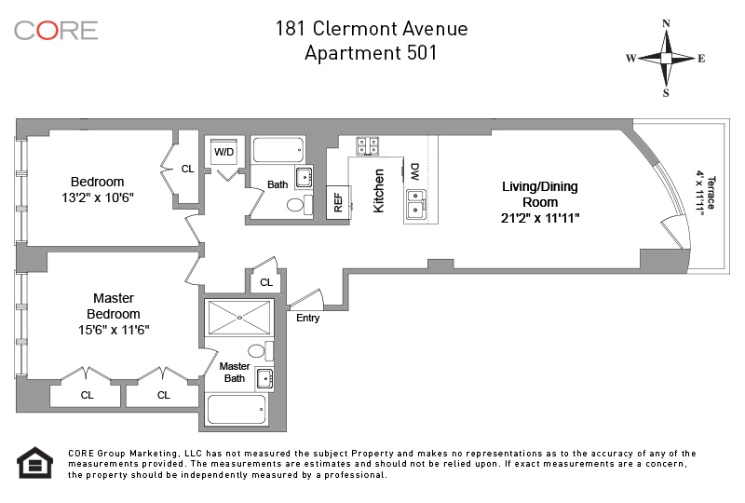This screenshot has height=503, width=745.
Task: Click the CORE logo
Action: coord(56,31)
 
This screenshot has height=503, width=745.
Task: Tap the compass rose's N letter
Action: coord(666,23)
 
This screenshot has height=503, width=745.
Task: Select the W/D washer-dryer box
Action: coord(223,152)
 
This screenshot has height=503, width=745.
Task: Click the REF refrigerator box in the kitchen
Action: coord(338,202)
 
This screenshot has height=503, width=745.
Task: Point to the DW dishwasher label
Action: coord(414,171)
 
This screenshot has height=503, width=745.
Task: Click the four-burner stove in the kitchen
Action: coord(368,145)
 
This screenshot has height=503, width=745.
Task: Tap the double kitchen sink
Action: coord(416,204)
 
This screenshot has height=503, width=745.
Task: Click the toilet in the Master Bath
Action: coord(261,351)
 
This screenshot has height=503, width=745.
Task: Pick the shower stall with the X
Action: coord(239,317)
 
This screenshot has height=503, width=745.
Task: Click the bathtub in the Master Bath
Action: coord(236,409)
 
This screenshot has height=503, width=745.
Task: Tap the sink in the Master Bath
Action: coord(264,379)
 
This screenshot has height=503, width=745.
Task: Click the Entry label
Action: coord(308,318)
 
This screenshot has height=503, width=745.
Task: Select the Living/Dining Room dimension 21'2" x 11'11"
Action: coord(540,218)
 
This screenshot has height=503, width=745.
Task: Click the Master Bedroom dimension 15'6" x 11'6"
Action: coord(114,330)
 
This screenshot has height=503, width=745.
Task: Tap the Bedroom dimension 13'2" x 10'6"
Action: coord(98,197)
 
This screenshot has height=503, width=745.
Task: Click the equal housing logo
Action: coord(35,463)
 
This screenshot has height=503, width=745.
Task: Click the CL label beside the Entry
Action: coord(266,282)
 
